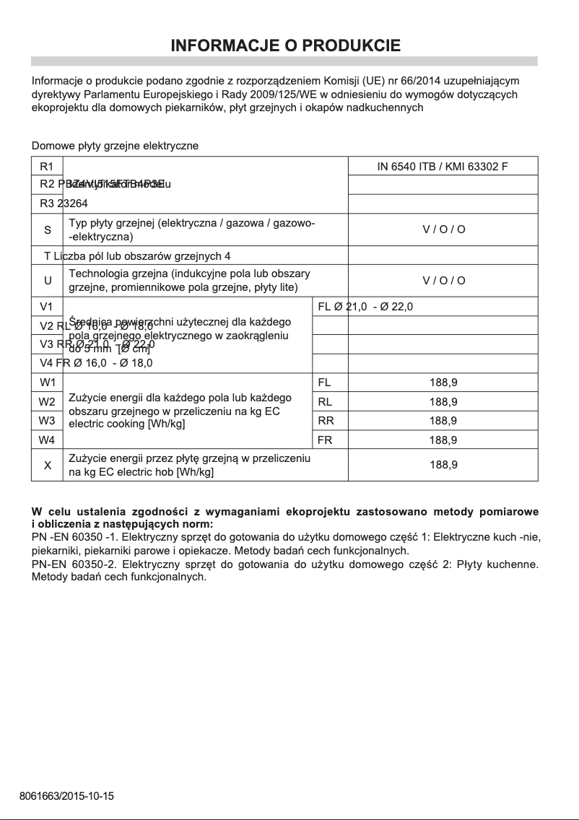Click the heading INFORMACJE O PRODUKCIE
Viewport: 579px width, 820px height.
[x=285, y=46]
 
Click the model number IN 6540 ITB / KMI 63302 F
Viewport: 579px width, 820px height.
[x=443, y=167]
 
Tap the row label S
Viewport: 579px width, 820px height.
[x=48, y=230]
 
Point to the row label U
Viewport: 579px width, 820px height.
[x=48, y=281]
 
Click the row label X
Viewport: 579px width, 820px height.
[x=48, y=466]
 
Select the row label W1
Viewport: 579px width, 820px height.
[x=47, y=383]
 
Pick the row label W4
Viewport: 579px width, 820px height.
[x=47, y=440]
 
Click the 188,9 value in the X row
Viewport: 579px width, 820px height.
[x=443, y=466]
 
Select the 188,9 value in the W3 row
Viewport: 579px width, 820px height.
[x=443, y=421]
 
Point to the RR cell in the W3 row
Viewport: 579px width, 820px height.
[x=325, y=421]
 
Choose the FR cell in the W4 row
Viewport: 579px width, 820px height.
[x=325, y=440]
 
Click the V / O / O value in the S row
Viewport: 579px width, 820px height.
[x=443, y=230]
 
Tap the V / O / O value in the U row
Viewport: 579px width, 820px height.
[x=443, y=281]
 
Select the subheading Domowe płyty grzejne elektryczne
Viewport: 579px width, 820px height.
[x=115, y=146]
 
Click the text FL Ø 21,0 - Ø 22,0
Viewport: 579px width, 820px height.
[x=365, y=307]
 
